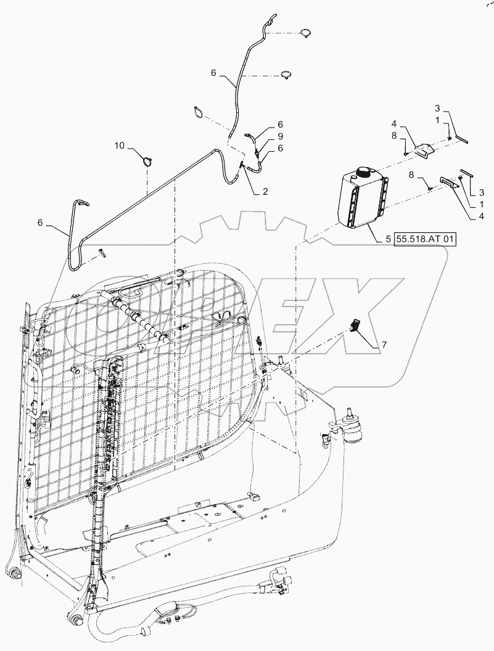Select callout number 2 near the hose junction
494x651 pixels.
(265, 191)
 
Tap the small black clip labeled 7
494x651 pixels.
(355, 325)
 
